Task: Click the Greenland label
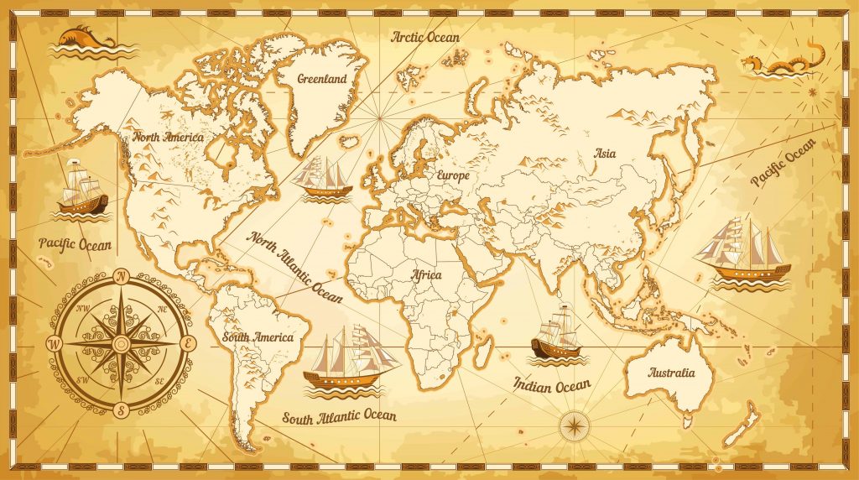[322, 79]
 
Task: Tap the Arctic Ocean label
[425, 37]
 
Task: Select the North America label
[168, 136]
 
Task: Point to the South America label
[258, 337]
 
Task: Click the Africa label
[425, 274]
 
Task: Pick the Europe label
[452, 176]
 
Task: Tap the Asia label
[604, 154]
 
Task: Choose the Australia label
[672, 373]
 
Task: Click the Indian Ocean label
[552, 385]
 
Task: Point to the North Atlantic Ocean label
[294, 266]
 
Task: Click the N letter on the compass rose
[121, 275]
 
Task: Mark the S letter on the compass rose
[121, 411]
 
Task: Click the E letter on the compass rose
[189, 343]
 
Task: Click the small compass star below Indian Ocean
[575, 426]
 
